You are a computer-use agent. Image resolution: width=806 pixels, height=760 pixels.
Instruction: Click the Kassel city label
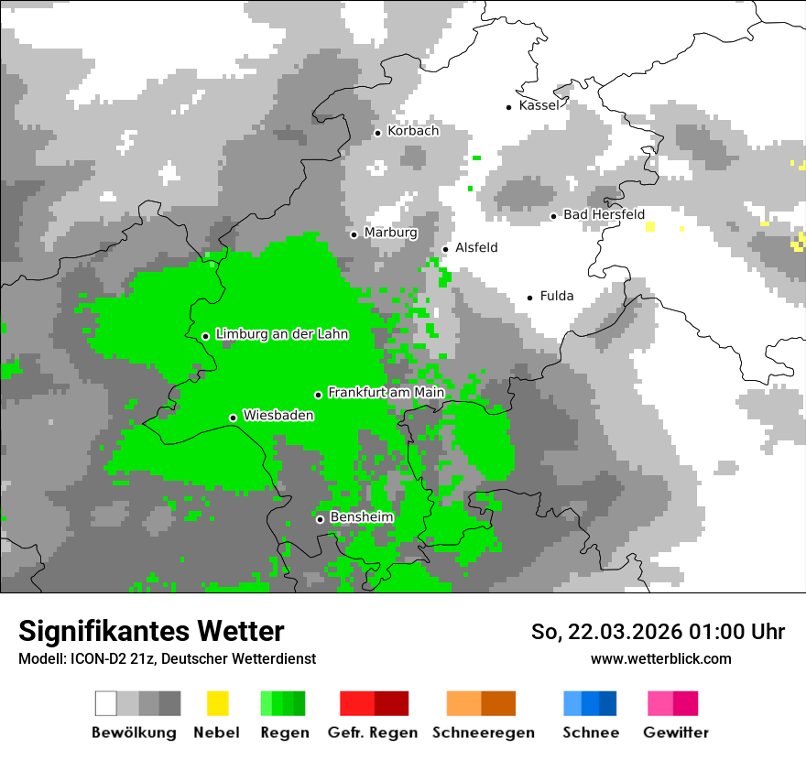point(539,105)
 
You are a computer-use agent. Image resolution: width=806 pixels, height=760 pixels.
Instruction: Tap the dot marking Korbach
point(377,133)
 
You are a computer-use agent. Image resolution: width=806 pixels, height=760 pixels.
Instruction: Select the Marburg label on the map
point(390,233)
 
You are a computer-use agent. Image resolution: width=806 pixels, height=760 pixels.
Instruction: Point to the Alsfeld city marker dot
point(446,249)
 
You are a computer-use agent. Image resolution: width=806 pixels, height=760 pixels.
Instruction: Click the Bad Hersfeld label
point(604,214)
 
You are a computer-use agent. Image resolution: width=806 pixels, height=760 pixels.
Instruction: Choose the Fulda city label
point(557,296)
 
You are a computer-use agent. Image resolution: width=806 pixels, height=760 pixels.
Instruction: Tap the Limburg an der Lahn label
point(281,334)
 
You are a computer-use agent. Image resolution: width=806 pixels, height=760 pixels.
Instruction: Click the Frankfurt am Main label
point(386,393)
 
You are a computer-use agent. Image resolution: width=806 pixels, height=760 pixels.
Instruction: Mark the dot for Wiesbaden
point(234,418)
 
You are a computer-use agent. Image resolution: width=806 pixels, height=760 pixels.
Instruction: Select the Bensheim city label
point(361,517)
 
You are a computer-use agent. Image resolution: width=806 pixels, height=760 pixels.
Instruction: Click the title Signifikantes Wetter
point(151,631)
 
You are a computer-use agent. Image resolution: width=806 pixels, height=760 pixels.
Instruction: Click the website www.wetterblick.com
point(660,658)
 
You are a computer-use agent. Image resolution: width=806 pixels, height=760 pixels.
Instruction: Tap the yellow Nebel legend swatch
point(217,703)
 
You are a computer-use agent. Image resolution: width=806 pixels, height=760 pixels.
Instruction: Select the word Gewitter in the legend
point(675,733)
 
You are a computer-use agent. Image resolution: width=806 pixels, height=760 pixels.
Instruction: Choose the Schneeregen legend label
point(483,733)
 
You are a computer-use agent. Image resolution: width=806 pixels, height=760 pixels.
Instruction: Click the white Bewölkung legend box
point(106,703)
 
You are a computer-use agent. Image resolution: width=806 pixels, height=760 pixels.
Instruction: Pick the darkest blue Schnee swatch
point(608,703)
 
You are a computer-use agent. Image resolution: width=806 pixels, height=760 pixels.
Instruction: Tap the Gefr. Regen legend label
point(372,733)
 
